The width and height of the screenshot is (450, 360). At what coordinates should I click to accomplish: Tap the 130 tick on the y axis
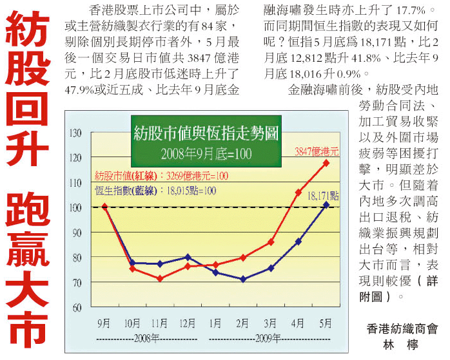pos(77,133)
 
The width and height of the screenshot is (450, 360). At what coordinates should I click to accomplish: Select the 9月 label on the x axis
pos(103,323)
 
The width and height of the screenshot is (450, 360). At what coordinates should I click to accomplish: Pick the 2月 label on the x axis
pos(242,323)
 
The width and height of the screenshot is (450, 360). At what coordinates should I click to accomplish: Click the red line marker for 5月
pos(326,162)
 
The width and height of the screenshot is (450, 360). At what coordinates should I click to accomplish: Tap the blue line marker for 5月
pos(326,205)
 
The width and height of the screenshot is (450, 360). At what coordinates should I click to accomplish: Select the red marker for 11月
pos(160,278)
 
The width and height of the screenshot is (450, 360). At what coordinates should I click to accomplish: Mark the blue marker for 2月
pos(243,279)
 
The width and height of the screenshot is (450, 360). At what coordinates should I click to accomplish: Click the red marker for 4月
pos(298,192)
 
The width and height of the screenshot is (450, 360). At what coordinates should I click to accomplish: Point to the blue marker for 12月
pos(188,257)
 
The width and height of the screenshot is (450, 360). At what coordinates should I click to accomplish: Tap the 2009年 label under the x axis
pos(271,337)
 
